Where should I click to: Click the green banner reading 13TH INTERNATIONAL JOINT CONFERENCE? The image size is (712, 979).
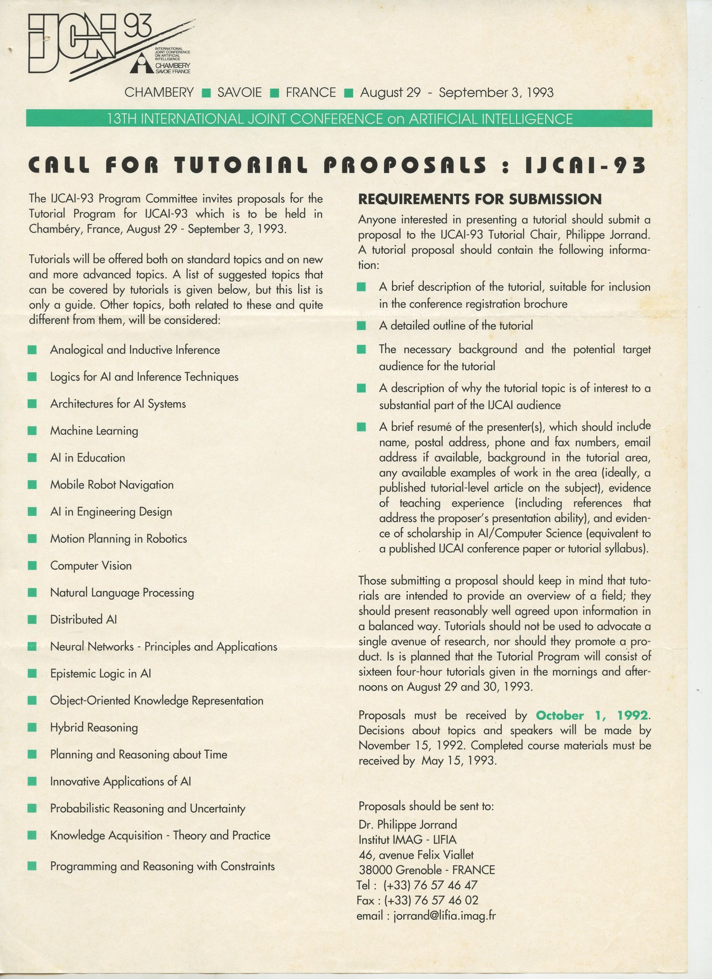point(339,119)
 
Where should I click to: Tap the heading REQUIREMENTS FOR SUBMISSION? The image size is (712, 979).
point(480,199)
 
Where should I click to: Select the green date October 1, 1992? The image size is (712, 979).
point(591,715)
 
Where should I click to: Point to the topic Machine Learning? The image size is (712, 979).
point(94,431)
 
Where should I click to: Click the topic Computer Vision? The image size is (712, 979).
point(91,566)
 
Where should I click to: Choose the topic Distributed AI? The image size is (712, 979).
point(83,620)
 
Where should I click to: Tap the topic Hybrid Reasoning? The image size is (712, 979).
point(94,727)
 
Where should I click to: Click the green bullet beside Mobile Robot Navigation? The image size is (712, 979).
point(32,485)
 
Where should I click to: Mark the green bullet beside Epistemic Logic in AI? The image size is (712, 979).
point(32,674)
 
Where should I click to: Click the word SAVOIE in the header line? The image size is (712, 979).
point(239,93)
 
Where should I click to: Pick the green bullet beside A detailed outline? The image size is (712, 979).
point(362,325)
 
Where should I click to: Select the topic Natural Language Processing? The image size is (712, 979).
point(122,593)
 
